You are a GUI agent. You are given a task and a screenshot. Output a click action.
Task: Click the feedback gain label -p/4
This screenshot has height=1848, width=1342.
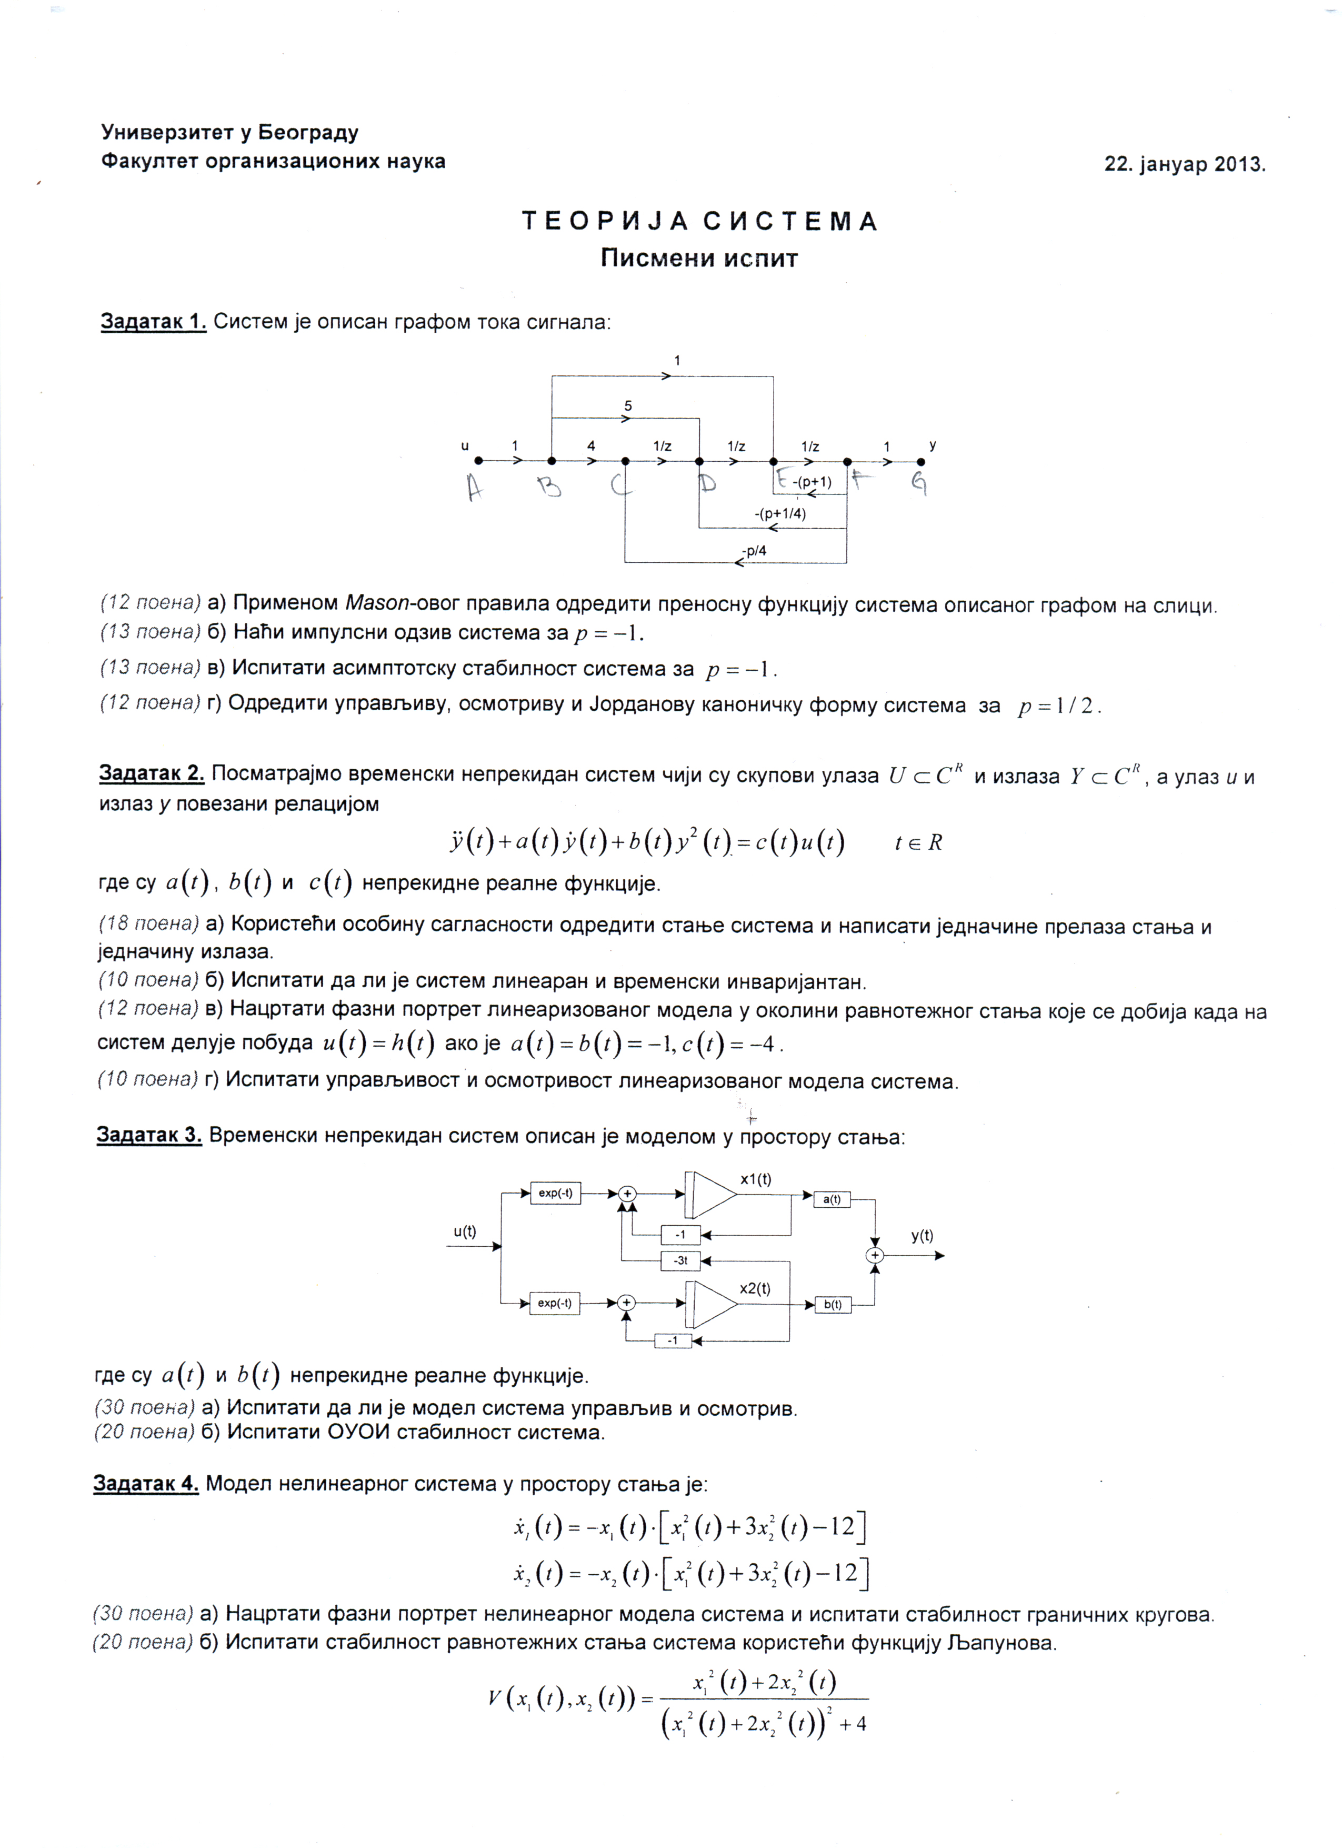coord(755,551)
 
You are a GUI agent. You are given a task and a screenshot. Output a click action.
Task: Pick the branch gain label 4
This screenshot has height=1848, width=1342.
coord(591,446)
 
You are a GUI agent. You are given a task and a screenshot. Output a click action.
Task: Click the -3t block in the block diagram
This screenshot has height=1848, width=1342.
coord(681,1260)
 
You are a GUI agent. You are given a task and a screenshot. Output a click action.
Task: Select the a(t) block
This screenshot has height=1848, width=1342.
coord(832,1199)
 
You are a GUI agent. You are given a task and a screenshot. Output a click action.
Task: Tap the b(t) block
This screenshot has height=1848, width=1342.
coord(832,1305)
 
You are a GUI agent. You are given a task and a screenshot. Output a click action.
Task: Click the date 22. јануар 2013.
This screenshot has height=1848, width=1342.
coord(1184,164)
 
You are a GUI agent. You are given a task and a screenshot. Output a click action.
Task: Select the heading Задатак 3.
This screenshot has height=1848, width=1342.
coord(149,1135)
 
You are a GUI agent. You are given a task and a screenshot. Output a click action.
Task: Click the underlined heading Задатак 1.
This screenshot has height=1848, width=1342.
coord(153,322)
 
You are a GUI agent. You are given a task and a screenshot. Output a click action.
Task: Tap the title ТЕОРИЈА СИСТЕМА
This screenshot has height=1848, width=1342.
coord(699,222)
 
